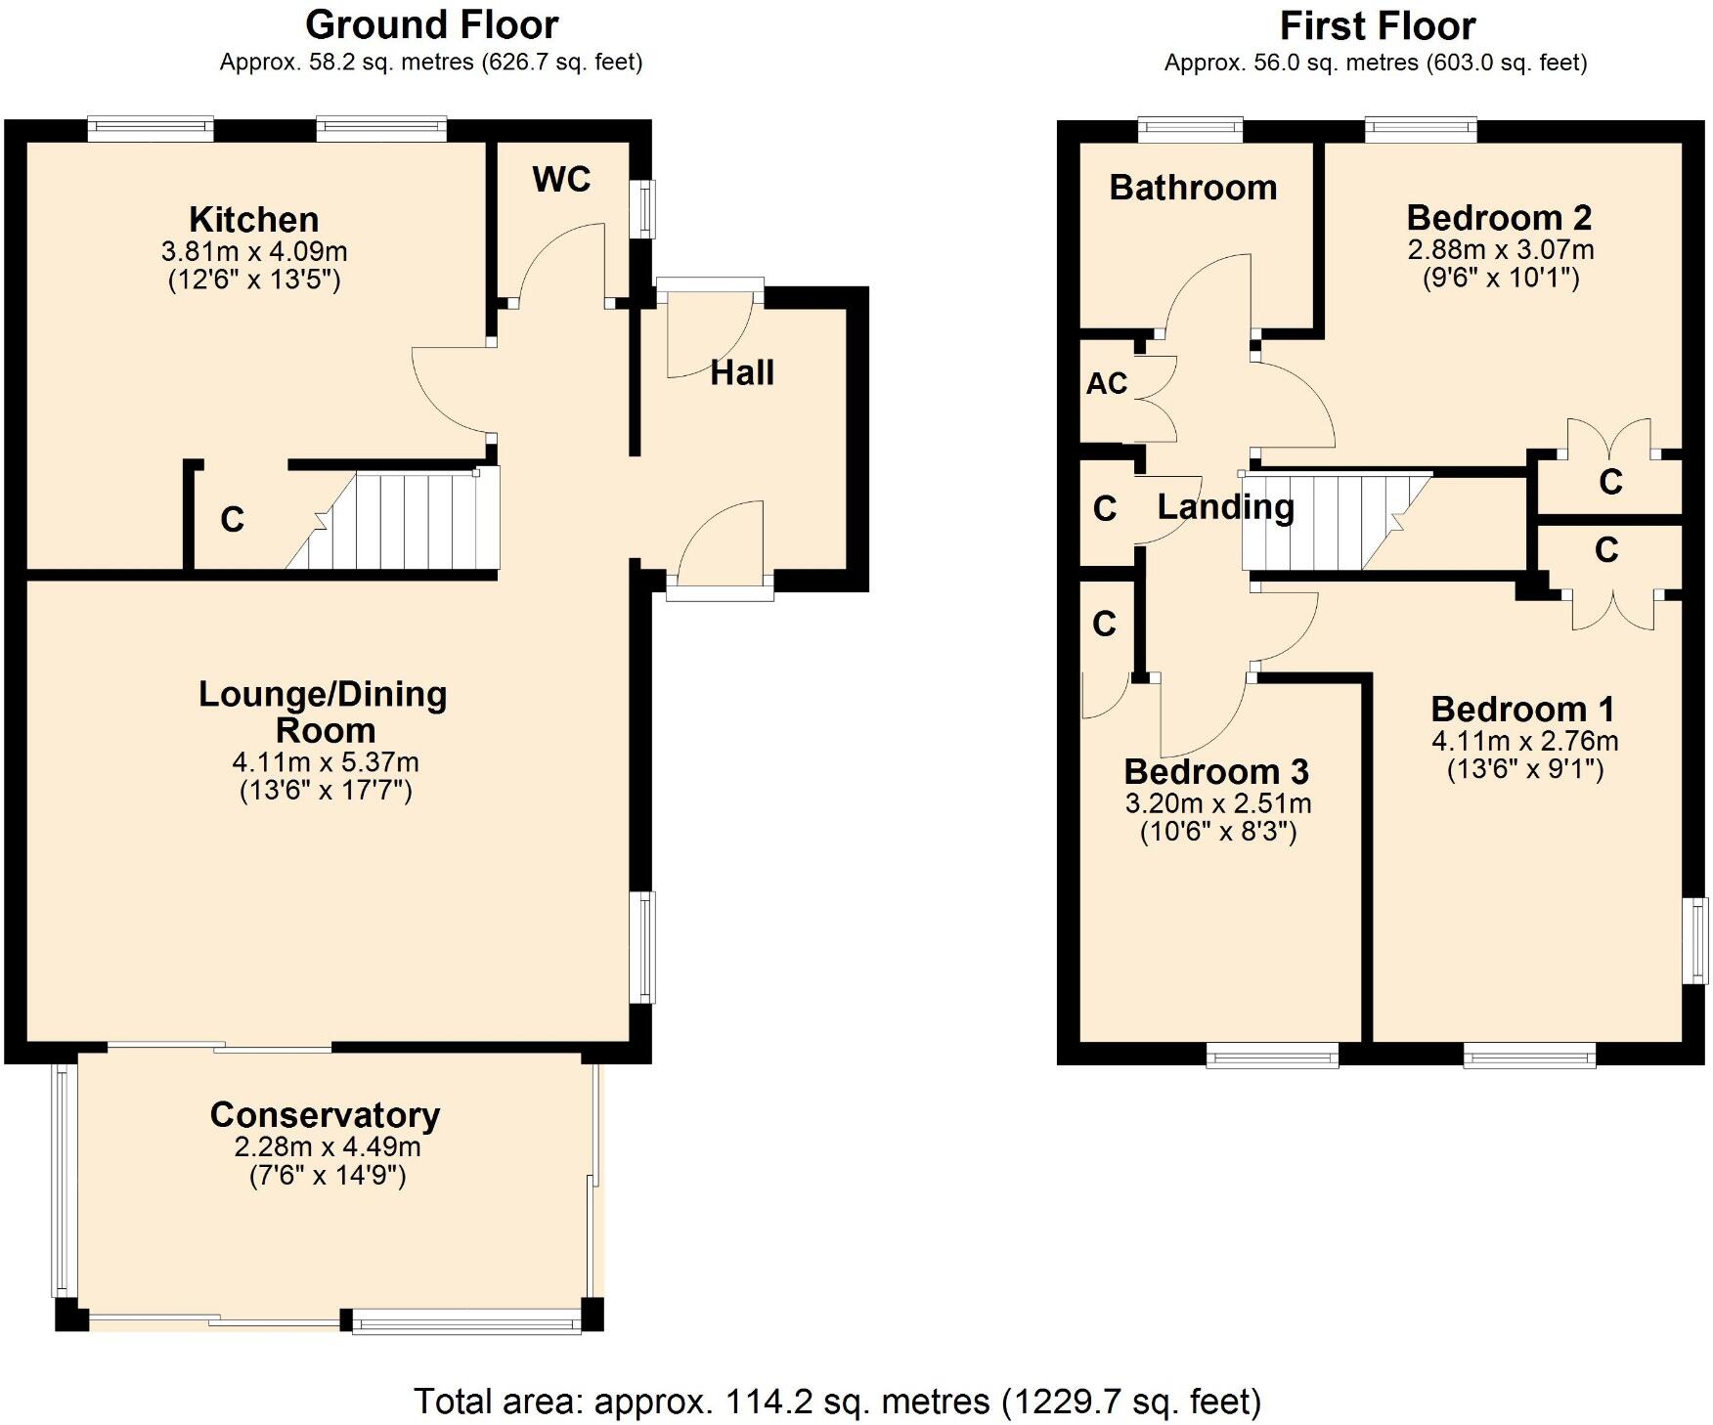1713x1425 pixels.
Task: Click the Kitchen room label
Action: tap(254, 220)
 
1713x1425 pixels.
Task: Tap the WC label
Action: tap(562, 179)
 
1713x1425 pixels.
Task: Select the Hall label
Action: tap(742, 372)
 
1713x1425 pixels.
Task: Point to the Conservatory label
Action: tap(325, 1114)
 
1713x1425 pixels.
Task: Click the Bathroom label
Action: tap(1193, 187)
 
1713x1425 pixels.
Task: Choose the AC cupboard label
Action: tap(1107, 383)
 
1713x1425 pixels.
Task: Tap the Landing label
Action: tap(1226, 506)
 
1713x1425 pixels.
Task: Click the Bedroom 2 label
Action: tap(1500, 217)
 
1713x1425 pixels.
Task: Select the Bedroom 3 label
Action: tap(1216, 771)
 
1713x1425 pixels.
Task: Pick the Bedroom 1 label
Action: tap(1522, 709)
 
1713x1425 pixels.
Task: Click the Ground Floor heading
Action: tap(431, 24)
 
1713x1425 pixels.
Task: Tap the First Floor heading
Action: tap(1378, 25)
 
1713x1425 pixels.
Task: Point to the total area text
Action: tap(838, 1402)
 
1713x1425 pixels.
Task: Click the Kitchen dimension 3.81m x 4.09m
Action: tap(254, 251)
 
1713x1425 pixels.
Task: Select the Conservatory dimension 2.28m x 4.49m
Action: tap(328, 1146)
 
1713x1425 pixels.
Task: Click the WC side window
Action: tap(642, 208)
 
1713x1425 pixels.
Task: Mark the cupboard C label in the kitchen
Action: tap(232, 519)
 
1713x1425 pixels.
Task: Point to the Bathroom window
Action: tap(1191, 130)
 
